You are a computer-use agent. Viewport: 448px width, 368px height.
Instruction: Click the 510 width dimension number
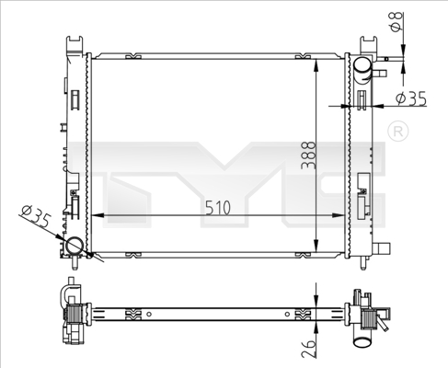point(219,208)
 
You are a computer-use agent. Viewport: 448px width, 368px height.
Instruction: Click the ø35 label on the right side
point(411,98)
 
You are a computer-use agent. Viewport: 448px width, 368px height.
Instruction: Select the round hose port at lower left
point(75,247)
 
